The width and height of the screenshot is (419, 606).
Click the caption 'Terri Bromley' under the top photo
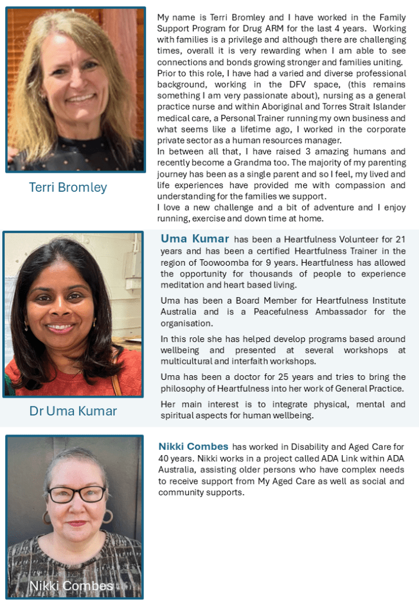click(x=68, y=188)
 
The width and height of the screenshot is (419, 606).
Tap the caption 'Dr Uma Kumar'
click(x=73, y=411)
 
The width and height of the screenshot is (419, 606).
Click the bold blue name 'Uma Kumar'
click(x=194, y=239)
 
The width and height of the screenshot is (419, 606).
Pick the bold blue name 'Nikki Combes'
click(x=193, y=447)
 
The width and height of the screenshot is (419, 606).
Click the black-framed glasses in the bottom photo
click(x=77, y=494)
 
